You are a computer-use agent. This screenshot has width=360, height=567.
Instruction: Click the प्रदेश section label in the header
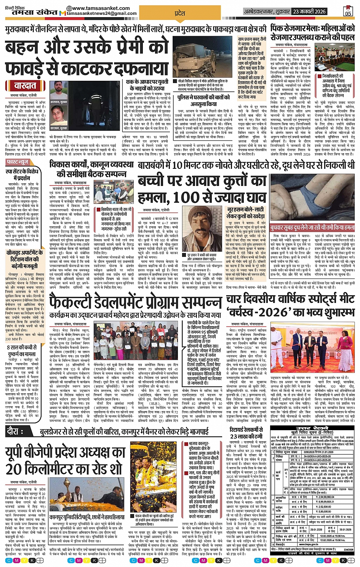coord(180,13)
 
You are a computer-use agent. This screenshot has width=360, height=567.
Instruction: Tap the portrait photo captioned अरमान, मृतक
coord(56,90)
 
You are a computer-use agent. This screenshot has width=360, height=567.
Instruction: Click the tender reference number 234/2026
coord(348,549)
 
